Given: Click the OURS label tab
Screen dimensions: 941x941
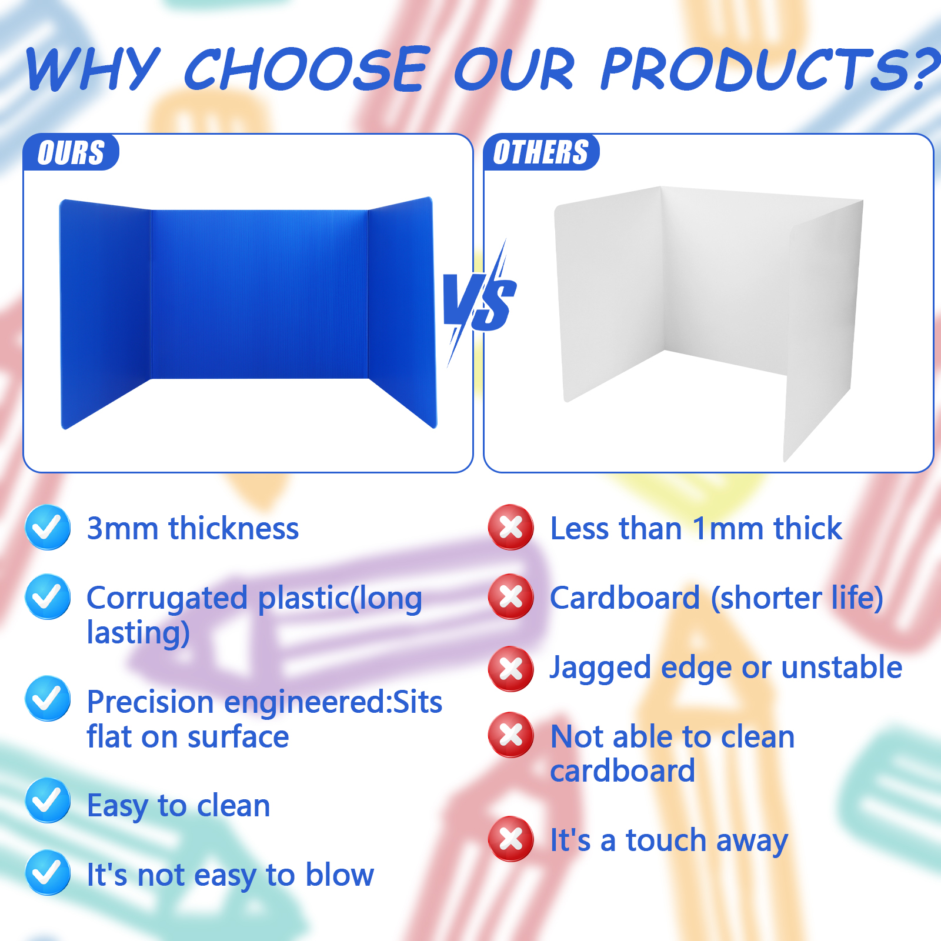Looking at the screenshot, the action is (71, 152).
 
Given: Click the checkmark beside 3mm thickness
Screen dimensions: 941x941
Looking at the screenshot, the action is (48, 528).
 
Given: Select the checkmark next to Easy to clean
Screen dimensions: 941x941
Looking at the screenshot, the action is (48, 800).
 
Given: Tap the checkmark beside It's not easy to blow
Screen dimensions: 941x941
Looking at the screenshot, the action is (48, 873).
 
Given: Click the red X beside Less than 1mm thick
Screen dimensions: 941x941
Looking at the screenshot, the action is (511, 528).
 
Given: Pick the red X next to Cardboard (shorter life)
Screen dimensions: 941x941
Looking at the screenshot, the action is (511, 597).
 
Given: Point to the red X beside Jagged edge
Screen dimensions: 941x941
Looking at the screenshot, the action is (511, 669).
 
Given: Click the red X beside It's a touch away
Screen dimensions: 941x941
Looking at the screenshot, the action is (511, 839).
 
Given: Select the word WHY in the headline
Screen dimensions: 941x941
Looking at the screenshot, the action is (93, 69).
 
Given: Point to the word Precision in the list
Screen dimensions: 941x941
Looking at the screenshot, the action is (150, 702).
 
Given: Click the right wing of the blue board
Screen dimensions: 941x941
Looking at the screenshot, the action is (403, 312).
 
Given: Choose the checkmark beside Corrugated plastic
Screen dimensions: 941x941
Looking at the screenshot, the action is (48, 597).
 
